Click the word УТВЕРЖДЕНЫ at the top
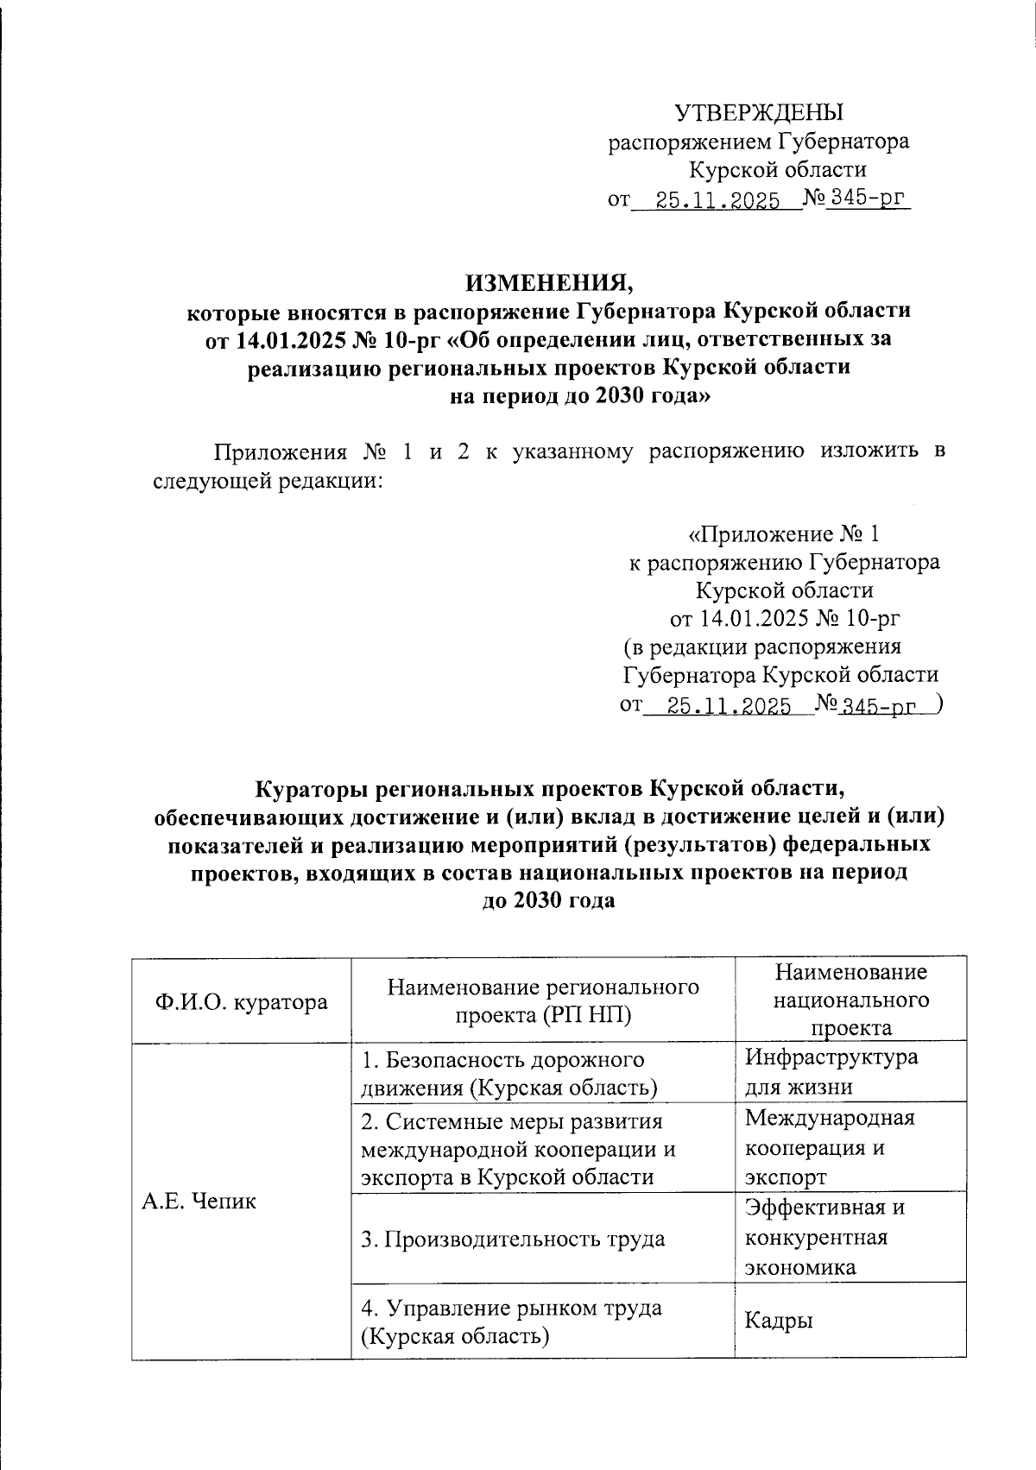(758, 113)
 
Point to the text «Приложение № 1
(783, 533)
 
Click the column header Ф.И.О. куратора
(241, 1001)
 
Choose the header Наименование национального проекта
(850, 1000)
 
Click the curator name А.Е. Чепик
(199, 1201)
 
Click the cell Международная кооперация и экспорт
(829, 1148)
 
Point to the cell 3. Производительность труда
(513, 1240)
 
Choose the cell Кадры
(780, 1321)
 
